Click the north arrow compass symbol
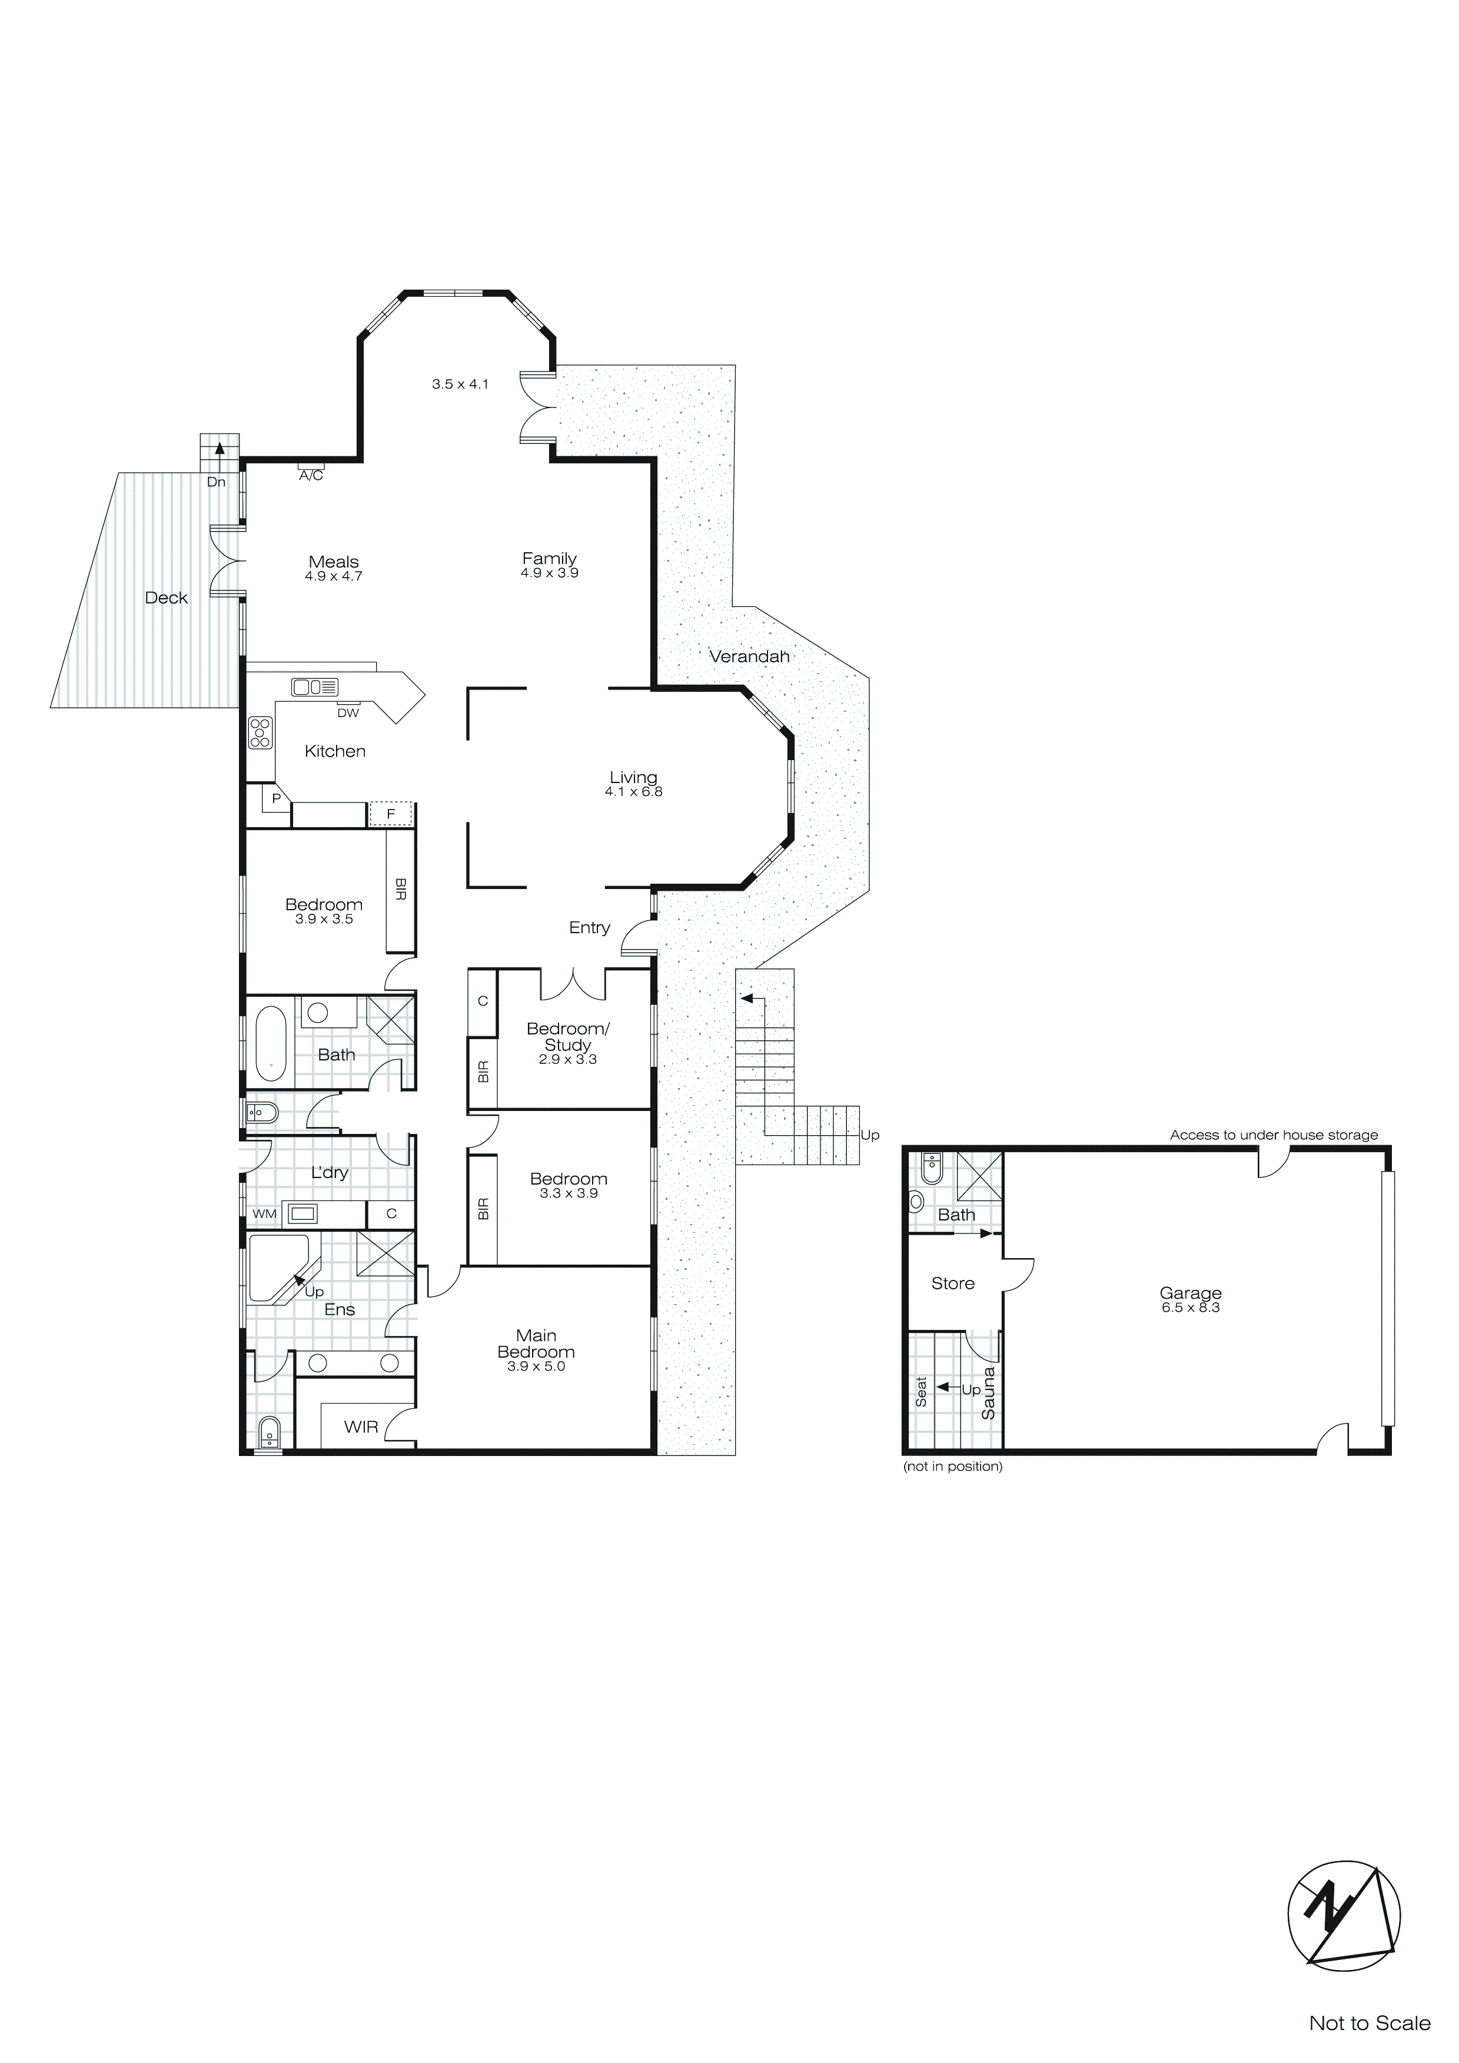click(x=1343, y=1916)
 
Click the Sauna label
click(x=988, y=1393)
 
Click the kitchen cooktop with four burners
click(x=261, y=732)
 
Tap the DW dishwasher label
click(x=348, y=714)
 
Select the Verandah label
click(x=749, y=657)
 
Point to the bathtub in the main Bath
click(x=270, y=1043)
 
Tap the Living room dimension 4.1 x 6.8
click(x=633, y=792)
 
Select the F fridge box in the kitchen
click(x=391, y=814)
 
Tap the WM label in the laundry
click(x=264, y=1214)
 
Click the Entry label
click(x=589, y=928)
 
